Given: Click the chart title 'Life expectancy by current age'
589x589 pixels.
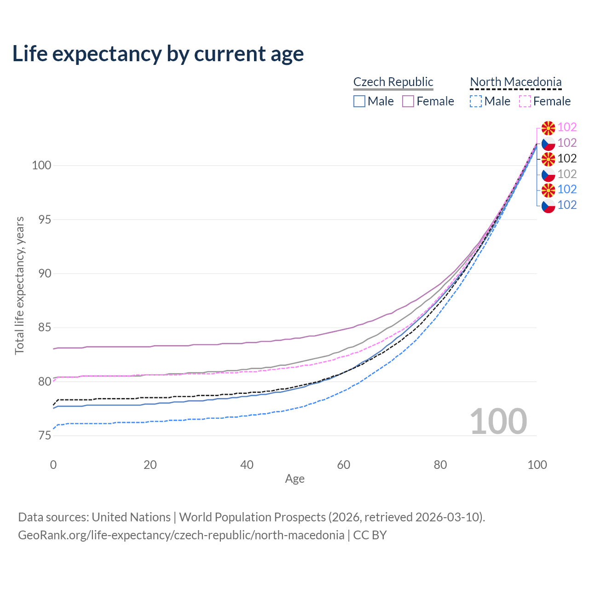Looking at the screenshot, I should click(158, 54).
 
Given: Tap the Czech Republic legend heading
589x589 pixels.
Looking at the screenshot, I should click(393, 82).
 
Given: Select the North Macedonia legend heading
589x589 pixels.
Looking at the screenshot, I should click(515, 82).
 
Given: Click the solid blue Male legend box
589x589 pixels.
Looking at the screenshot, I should click(359, 101).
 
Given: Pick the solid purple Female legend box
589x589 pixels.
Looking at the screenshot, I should click(408, 101).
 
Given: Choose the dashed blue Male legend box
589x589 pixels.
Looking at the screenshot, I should click(476, 101).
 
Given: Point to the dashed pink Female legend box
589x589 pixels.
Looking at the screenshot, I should click(525, 101).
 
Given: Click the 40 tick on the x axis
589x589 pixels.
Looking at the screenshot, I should click(247, 465).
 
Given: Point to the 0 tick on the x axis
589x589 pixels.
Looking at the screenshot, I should click(53, 465).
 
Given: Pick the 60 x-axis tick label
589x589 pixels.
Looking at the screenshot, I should click(344, 465).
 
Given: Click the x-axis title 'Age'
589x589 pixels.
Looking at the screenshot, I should click(294, 479).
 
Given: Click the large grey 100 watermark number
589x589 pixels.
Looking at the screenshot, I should click(498, 422).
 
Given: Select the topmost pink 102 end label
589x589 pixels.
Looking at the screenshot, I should click(567, 127).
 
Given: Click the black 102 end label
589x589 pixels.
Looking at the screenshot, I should click(567, 159).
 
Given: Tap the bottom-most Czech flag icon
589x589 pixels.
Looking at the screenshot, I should click(548, 206).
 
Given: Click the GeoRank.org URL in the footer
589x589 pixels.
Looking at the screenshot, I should click(181, 535).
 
